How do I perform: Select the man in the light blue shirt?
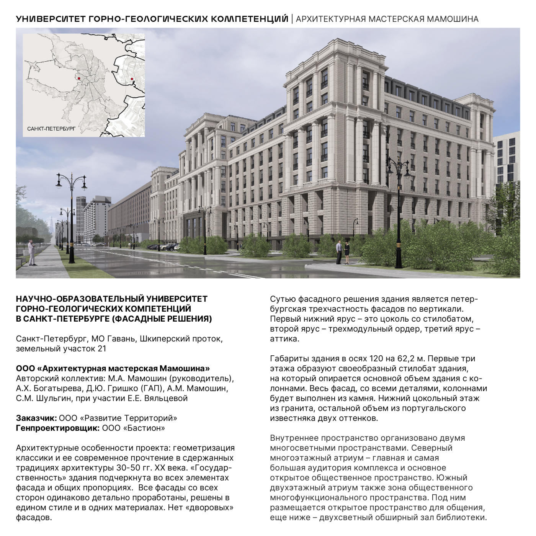[339, 252]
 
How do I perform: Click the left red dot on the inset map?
[79, 78]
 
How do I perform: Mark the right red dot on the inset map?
[132, 79]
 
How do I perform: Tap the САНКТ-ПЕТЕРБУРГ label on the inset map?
[51, 129]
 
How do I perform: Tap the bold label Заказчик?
[36, 418]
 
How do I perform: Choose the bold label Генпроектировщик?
[58, 428]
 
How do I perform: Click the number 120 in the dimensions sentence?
[377, 359]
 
